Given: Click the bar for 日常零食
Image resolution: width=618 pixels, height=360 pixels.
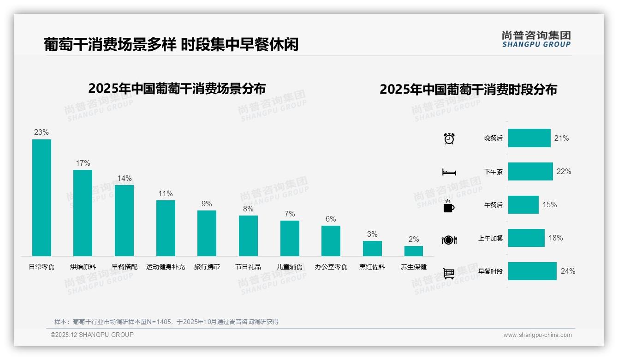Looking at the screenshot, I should (42, 198).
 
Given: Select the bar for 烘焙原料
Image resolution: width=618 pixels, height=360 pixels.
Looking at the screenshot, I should (83, 213).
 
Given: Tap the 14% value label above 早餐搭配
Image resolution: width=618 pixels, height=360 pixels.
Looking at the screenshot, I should (124, 178).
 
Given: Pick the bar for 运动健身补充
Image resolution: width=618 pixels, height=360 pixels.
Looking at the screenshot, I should (166, 228).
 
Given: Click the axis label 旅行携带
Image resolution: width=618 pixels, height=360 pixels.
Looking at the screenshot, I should (207, 267).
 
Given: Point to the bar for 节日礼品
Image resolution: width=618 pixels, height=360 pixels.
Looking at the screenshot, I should (248, 235).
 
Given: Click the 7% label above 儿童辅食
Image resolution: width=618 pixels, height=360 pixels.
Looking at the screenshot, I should (290, 214).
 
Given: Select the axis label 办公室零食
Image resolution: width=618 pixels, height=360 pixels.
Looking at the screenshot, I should (331, 267).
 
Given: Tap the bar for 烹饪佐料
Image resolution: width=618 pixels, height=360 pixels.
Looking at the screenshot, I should (372, 248).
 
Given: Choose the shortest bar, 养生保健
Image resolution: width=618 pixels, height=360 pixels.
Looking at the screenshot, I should (414, 251).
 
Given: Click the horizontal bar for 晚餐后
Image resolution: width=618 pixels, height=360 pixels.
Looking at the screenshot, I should (529, 138).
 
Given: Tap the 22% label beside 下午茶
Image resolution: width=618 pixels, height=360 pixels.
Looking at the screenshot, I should (564, 171).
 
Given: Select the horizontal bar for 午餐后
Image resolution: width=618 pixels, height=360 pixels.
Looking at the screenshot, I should (523, 204).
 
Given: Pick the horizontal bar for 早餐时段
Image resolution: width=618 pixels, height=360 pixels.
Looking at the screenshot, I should (532, 271).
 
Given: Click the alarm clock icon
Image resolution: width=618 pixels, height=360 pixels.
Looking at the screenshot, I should (449, 138).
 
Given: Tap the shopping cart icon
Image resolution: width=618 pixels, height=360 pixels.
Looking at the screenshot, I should (449, 273).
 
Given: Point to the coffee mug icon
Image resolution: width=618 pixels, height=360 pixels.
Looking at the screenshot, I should (449, 206).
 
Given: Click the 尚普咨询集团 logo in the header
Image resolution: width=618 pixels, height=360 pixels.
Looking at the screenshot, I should (536, 39).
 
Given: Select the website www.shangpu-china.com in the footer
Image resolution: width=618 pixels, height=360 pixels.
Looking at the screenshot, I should (537, 335).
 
